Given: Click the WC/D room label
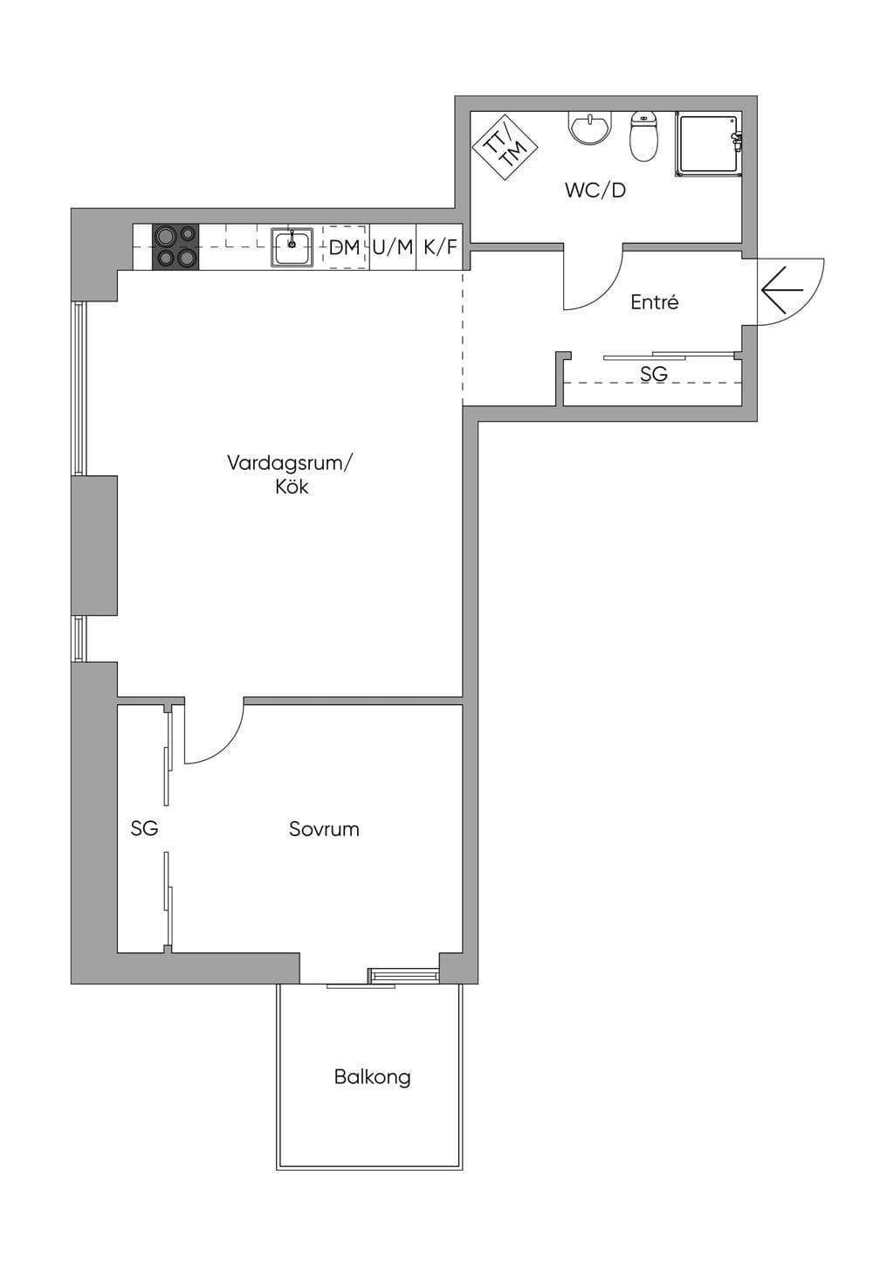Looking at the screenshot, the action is [x=595, y=190].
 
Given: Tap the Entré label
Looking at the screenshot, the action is [x=655, y=302].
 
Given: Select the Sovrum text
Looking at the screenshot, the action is [x=324, y=829].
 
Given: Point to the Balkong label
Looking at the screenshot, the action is [x=373, y=1077].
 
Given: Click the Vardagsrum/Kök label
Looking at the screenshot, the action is [x=292, y=475].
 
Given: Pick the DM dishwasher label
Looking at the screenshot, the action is [x=344, y=247].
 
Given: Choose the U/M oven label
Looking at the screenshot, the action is [x=393, y=247].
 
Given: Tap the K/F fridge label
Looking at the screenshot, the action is [x=440, y=247].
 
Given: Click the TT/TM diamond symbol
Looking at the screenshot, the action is [x=505, y=148].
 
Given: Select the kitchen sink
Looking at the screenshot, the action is [x=292, y=246].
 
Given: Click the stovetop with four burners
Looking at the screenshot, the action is [x=175, y=246].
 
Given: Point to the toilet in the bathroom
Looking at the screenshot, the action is [x=644, y=136].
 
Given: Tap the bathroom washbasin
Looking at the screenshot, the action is [x=590, y=128].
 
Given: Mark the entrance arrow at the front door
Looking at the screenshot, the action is [x=781, y=290].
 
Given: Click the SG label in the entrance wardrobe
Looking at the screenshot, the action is [x=654, y=373].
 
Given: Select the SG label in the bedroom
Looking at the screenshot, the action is [x=144, y=829].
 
